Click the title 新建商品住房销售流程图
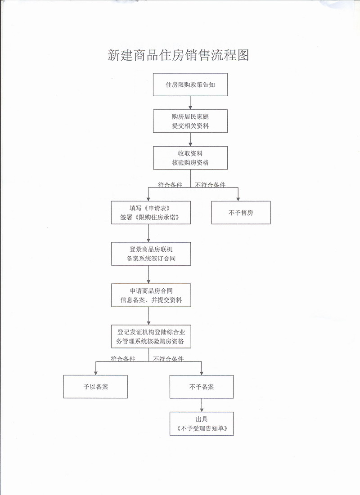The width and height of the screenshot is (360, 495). (178, 55)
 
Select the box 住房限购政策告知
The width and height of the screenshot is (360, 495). (190, 85)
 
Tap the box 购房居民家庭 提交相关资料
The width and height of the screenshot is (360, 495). (190, 121)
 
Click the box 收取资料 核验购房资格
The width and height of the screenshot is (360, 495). (190, 158)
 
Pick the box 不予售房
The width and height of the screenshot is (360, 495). (241, 212)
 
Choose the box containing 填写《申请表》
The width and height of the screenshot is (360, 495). (151, 212)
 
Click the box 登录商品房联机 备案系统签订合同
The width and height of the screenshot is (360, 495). (151, 254)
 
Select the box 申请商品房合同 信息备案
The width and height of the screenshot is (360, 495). (151, 295)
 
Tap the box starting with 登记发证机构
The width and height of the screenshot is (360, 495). (151, 336)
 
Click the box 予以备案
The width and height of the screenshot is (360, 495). (95, 386)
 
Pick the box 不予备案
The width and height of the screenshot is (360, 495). (202, 386)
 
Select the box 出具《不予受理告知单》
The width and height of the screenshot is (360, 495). (202, 424)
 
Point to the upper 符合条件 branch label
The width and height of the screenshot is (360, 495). (170, 184)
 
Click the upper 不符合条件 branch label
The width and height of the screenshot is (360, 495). (210, 184)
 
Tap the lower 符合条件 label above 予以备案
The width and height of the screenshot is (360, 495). (123, 359)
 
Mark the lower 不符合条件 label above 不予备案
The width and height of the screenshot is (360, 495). (168, 359)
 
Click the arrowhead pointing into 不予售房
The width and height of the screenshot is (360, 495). (238, 198)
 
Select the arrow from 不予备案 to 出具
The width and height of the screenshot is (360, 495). (202, 405)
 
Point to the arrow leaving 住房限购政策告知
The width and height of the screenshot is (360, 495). (190, 103)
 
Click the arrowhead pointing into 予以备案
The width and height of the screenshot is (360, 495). (95, 372)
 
